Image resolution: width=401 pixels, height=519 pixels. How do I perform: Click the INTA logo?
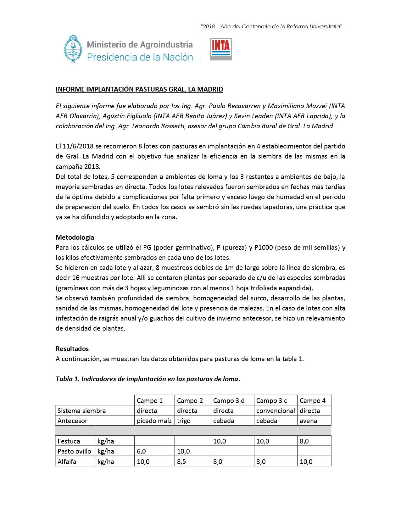pos(221,49)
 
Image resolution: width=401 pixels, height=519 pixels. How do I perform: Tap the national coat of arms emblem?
pos(73,49)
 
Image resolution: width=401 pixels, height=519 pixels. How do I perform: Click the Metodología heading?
pos(75,237)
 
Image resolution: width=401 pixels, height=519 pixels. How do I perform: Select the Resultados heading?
pos(72,349)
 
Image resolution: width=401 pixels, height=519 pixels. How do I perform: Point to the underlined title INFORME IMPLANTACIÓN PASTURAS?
pos(139,89)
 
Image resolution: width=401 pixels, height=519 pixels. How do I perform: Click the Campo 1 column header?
pos(150,400)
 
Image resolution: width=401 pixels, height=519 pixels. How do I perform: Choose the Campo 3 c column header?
pos(271,400)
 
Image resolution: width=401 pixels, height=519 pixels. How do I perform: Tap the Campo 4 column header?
pos(312,400)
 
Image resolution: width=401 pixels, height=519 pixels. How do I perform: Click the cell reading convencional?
pos(276,410)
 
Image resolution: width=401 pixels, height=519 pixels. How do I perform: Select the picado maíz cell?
pos(154,421)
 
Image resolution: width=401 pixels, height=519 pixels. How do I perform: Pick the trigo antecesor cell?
pos(184,421)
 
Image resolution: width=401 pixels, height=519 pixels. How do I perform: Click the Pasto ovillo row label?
pos(74,451)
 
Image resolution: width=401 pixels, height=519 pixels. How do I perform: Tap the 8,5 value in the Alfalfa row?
pos(181,461)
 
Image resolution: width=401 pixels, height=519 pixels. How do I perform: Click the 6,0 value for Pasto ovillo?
pos(141,451)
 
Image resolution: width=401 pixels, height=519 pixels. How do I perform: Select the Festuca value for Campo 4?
pos(304,441)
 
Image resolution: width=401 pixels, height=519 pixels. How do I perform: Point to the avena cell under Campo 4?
pos(308,421)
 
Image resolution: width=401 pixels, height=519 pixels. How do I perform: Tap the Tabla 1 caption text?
pos(148,379)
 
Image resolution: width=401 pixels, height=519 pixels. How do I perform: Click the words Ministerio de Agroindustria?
pos(140,45)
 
